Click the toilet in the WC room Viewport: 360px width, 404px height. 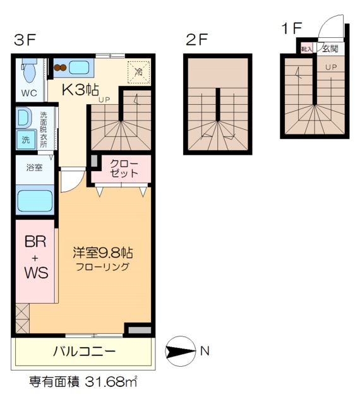click(x=28, y=73)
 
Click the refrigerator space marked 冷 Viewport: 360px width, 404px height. click(x=138, y=71)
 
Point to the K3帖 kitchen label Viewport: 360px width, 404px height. click(x=80, y=90)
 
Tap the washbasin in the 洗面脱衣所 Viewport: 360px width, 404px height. click(x=23, y=118)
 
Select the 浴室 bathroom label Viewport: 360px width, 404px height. click(x=34, y=169)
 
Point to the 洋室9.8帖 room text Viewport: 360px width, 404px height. click(x=102, y=253)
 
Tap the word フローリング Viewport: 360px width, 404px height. click(x=103, y=266)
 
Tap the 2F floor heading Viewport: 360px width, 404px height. click(x=196, y=40)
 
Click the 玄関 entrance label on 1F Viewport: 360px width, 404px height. click(x=329, y=49)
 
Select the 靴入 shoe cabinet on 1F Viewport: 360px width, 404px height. click(x=307, y=49)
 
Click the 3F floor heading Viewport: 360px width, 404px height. click(x=25, y=40)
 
